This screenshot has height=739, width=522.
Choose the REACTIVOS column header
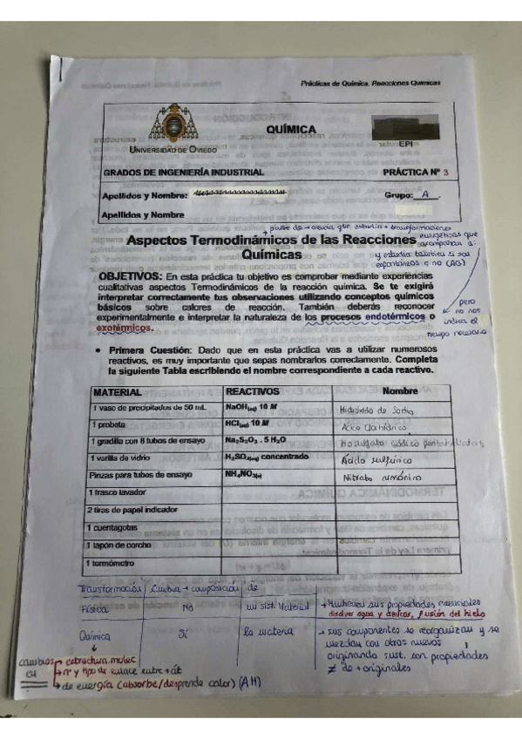click(x=251, y=393)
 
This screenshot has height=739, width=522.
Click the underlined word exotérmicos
click(x=122, y=329)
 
